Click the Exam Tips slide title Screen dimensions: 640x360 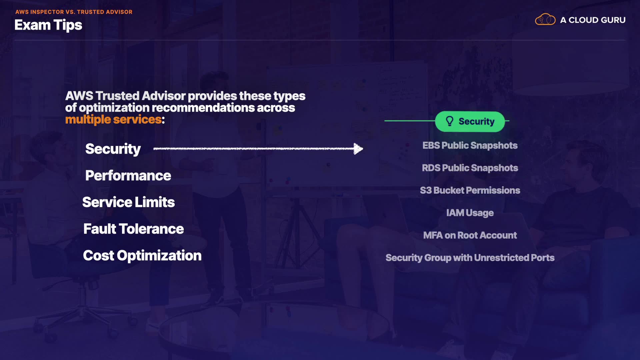[x=48, y=25]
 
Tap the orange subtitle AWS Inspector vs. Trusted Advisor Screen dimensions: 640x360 [x=74, y=12]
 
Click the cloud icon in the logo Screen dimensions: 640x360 [x=545, y=20]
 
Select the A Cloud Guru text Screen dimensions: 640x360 [x=593, y=20]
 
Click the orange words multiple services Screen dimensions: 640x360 [x=113, y=119]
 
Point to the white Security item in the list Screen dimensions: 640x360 [x=113, y=149]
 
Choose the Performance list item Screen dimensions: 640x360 [x=128, y=176]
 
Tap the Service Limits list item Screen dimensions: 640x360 [x=128, y=202]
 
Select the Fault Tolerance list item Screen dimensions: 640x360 [x=133, y=229]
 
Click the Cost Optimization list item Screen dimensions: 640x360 [x=142, y=256]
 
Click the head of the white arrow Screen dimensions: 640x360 [x=358, y=149]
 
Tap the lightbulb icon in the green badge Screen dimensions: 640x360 [x=450, y=121]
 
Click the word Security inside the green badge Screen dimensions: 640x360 [x=476, y=122]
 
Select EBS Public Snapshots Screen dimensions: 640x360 [x=470, y=146]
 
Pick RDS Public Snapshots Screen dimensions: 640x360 [x=470, y=168]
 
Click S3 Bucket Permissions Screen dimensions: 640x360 [x=470, y=190]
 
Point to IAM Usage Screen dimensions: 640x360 [x=470, y=213]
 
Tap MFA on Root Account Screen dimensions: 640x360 [x=470, y=235]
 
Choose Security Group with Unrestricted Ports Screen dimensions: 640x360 [x=470, y=258]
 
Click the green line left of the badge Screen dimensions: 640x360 [x=409, y=121]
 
